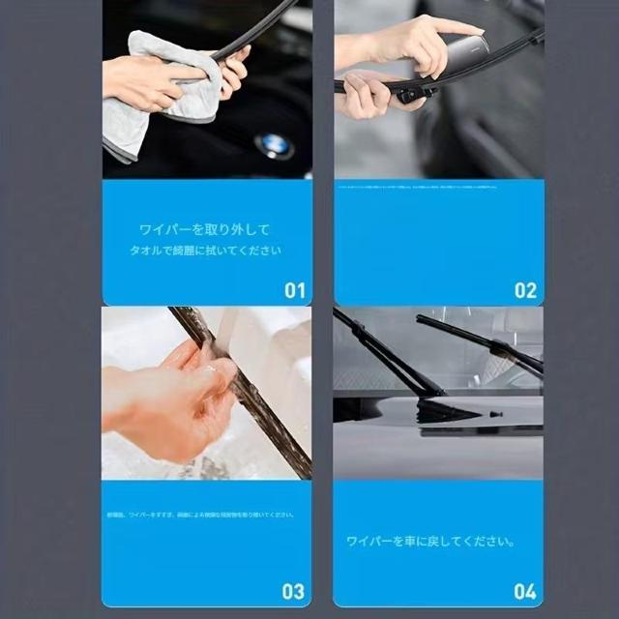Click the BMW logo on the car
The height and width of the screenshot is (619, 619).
(x=274, y=145)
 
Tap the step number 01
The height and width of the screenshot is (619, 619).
(x=294, y=289)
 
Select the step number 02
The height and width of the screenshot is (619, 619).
(x=525, y=289)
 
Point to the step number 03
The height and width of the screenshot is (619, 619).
(x=293, y=590)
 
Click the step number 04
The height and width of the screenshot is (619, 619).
(x=525, y=590)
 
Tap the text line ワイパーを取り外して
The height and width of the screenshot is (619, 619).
(x=204, y=230)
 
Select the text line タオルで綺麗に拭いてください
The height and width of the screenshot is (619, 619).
(x=206, y=251)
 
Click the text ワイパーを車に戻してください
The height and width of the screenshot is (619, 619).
(x=430, y=541)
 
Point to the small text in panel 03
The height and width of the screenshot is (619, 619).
(x=198, y=515)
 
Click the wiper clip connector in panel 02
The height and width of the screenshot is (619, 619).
(x=411, y=93)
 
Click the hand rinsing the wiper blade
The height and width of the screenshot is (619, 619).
(x=174, y=397)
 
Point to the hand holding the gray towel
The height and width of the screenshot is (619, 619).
(x=145, y=82)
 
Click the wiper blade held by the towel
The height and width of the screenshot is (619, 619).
(x=256, y=29)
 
